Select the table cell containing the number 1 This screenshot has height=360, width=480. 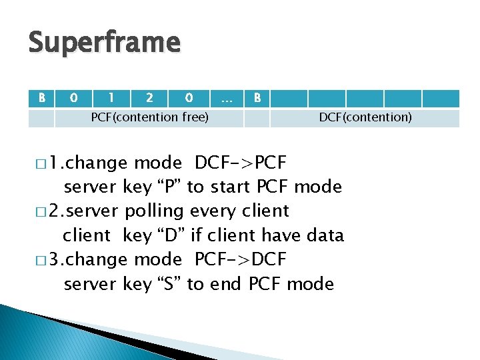[x=111, y=98]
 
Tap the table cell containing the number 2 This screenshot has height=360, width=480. [x=149, y=98]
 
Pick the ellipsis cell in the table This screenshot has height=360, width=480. [x=227, y=98]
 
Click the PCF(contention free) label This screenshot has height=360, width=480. [x=149, y=117]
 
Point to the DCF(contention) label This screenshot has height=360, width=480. [x=365, y=117]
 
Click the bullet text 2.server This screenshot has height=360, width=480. [x=90, y=211]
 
